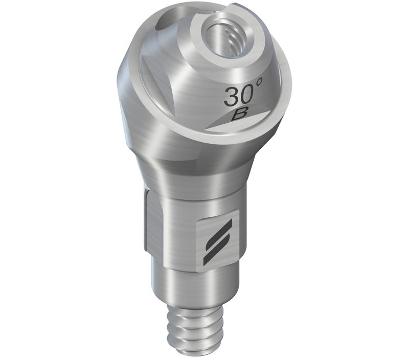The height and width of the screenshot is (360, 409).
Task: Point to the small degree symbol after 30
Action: [x=258, y=82]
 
